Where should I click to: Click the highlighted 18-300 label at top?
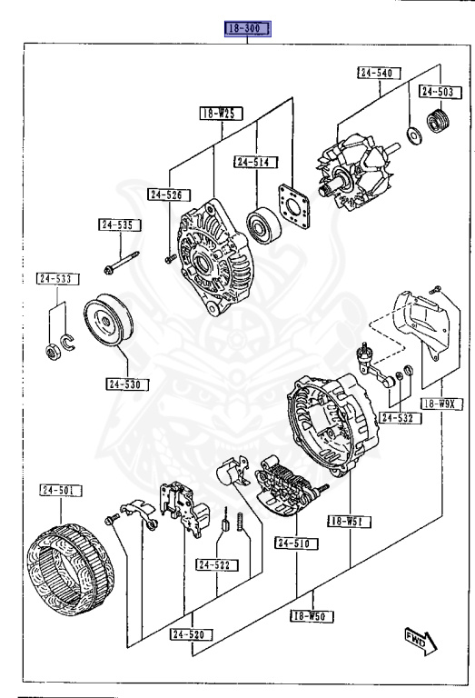(x=247, y=29)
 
